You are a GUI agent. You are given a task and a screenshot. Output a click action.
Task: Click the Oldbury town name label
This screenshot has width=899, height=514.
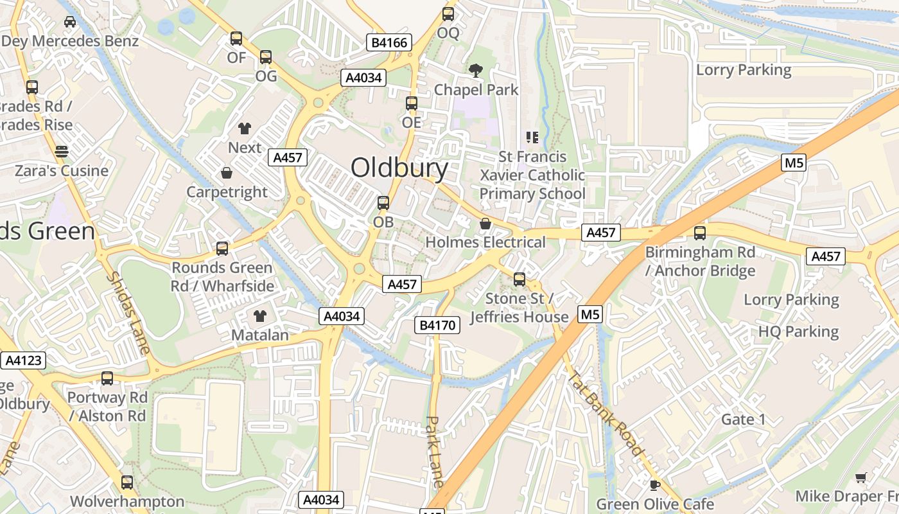pos(399,168)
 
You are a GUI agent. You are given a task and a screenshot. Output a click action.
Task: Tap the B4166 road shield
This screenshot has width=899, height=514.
pos(389,42)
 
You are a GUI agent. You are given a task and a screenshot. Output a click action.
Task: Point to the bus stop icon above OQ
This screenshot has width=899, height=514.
pos(448,14)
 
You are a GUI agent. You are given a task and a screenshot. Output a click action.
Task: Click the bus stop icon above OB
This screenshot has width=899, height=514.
pos(383,204)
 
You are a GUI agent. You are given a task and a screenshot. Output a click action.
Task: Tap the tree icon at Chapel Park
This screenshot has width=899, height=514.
pos(476,71)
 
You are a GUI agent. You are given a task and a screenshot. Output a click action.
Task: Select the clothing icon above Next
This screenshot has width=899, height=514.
pos(245,128)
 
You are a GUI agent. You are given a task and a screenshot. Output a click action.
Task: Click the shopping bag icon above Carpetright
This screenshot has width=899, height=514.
pos(227,173)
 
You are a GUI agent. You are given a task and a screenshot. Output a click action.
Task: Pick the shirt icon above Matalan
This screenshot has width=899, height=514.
pos(259,315)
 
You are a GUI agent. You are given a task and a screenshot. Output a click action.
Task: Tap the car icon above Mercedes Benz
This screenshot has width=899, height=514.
pos(70,22)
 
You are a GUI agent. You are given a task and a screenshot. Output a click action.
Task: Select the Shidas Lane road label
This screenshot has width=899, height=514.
pos(128,313)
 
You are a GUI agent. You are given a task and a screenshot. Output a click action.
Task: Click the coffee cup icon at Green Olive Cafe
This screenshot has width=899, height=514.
pos(654,484)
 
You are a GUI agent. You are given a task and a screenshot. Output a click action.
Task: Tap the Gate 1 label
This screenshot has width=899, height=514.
pos(744,420)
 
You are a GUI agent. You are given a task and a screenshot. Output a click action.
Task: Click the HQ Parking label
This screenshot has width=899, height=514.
pos(798,332)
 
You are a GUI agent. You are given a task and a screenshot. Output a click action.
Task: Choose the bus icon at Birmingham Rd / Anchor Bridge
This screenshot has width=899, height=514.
pos(700,233)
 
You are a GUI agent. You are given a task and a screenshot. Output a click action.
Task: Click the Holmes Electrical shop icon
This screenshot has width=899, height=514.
pos(485,224)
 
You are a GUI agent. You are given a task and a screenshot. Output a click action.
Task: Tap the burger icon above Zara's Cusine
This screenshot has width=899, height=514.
pos(62,152)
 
